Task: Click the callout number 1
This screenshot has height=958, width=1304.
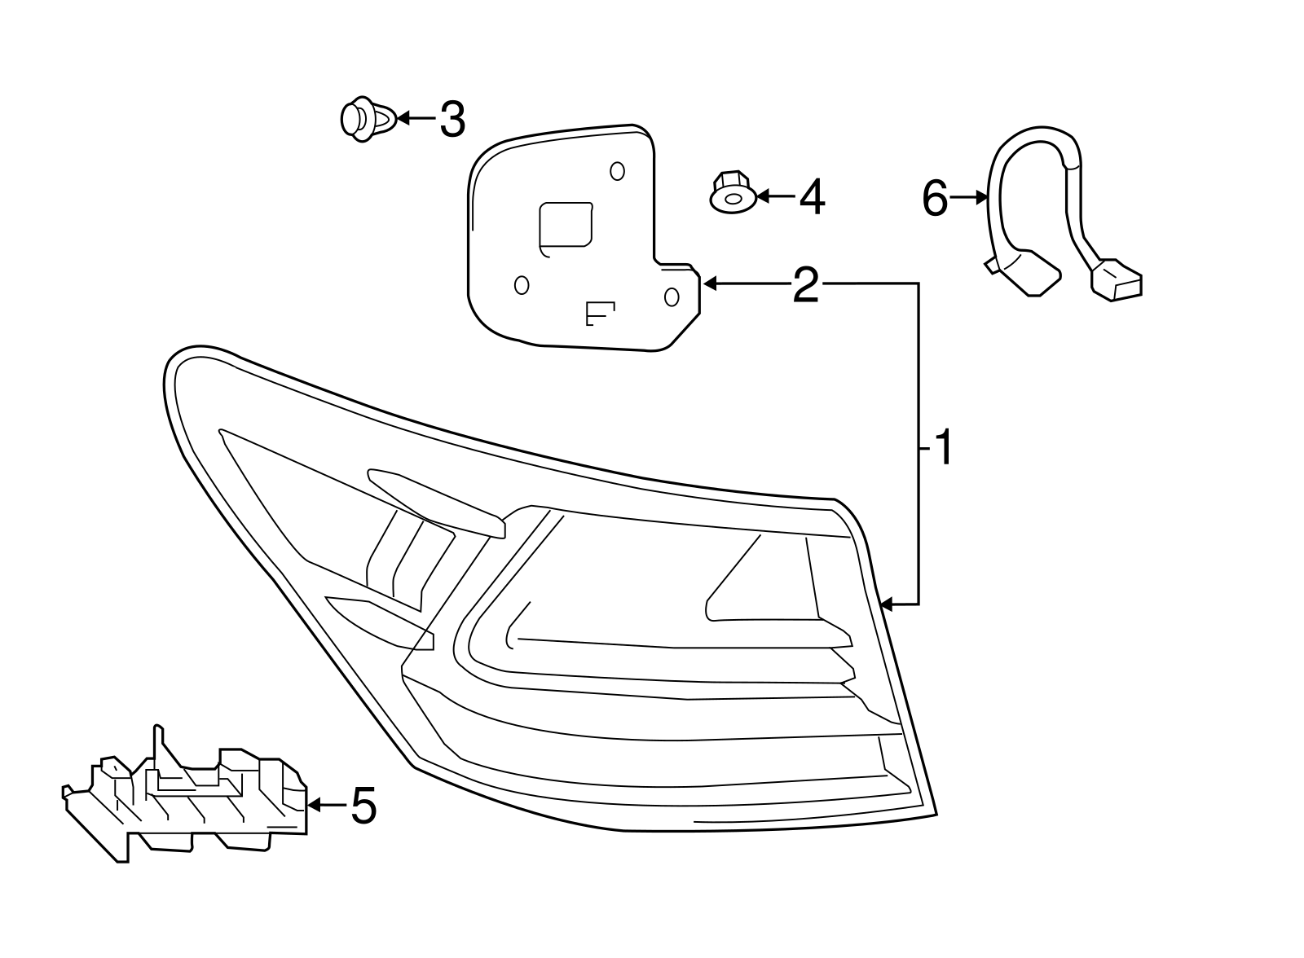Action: tap(943, 449)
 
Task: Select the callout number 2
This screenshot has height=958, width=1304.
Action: tap(805, 285)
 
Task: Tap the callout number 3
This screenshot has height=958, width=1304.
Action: tap(452, 120)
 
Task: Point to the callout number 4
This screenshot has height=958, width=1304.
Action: tap(811, 197)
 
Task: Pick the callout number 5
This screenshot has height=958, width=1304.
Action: tap(363, 806)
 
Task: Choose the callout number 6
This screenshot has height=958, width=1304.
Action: tap(935, 198)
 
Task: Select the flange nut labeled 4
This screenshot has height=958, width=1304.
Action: tap(730, 193)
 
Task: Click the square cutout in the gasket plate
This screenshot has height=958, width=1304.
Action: tap(566, 224)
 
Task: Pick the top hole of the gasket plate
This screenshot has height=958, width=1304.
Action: tap(617, 171)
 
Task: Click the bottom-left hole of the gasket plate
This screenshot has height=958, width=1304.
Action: tap(522, 285)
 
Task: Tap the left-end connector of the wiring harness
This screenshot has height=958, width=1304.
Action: tap(1025, 272)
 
